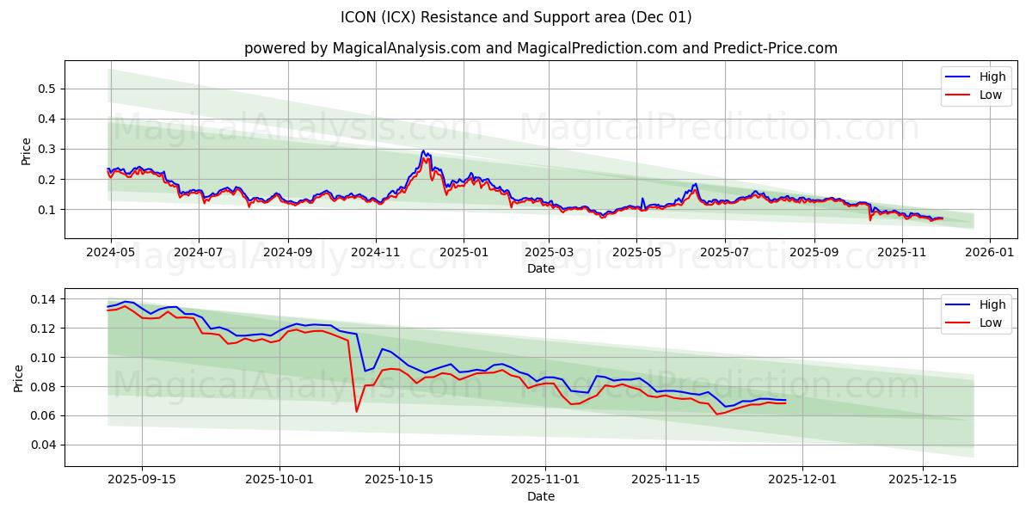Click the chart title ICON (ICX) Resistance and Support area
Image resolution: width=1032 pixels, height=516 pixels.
516,17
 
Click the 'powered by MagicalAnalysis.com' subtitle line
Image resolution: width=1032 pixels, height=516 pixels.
540,48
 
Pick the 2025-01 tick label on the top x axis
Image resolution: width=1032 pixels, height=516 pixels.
464,253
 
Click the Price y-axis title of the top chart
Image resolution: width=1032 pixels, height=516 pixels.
26,150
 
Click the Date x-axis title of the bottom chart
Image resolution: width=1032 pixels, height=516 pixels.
540,496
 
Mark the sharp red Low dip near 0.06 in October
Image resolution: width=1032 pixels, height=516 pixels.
356,411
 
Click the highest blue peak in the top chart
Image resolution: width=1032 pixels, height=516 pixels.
423,151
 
